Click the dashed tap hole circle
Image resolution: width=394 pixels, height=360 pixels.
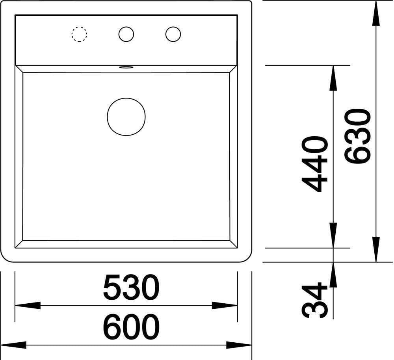(72, 34)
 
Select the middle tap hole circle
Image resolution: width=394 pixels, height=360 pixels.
(119, 34)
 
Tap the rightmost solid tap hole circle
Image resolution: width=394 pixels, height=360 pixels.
(166, 34)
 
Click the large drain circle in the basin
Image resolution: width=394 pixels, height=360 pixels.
(108, 117)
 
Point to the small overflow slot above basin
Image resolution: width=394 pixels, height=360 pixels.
(126, 67)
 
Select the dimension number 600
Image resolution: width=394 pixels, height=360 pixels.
(131, 327)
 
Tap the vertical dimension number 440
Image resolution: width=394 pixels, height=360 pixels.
(314, 165)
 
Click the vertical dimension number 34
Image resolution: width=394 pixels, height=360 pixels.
(314, 300)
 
